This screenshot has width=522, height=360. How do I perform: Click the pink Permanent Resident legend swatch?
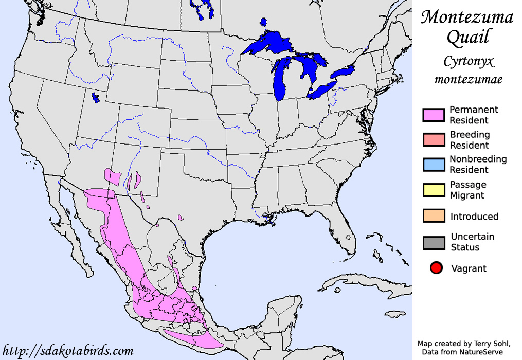pos(433,115)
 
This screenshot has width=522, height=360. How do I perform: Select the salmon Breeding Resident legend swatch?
pos(433,140)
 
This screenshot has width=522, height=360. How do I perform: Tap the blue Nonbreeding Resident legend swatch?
pos(433,165)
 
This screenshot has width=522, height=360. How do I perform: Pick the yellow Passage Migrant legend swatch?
pos(433,190)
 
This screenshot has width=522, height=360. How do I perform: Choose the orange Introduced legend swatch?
pos(433,216)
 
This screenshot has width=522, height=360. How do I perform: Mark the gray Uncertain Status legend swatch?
pos(433,242)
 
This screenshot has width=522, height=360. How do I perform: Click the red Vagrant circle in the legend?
pos(437,268)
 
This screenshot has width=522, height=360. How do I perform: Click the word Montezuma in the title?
pos(467,17)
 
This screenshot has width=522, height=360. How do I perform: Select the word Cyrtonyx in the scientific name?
pos(469,62)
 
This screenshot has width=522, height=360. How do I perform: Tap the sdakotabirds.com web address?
pos(68,351)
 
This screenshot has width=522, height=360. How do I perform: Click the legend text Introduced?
pos(474,217)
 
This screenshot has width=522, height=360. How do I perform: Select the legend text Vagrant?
pos(469,268)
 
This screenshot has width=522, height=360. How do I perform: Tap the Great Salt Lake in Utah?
pos(95,97)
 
